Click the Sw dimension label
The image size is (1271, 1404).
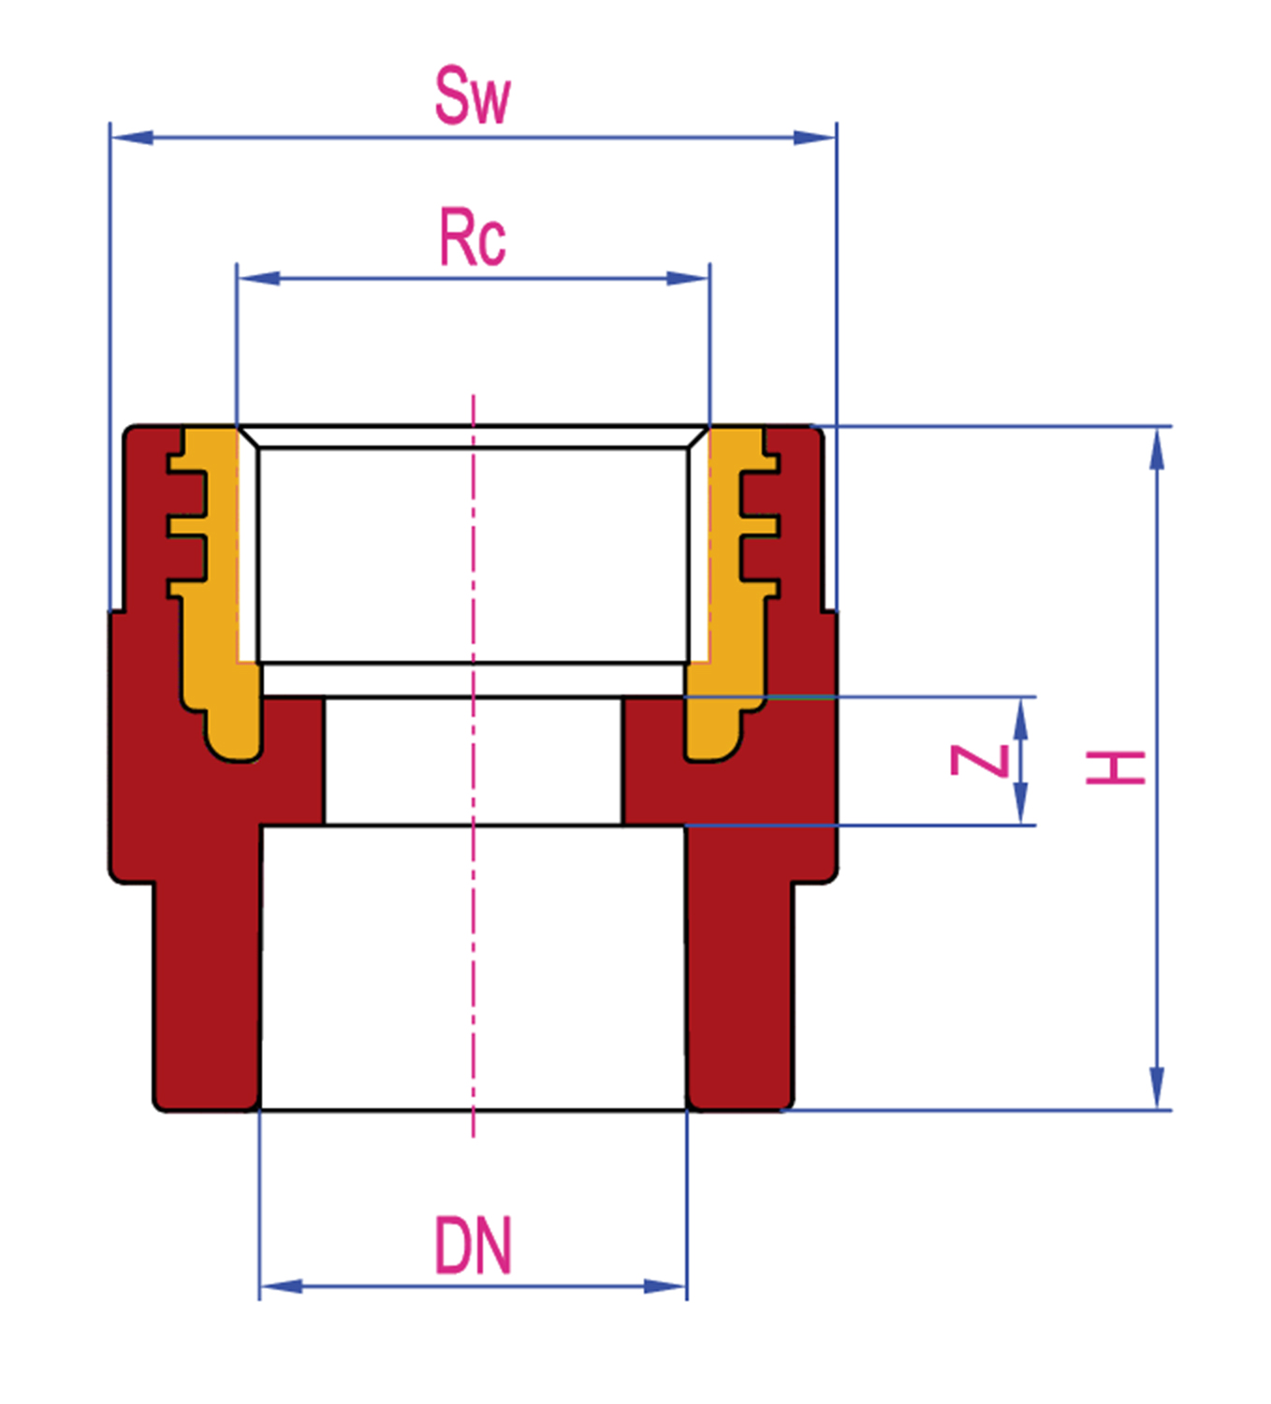click(x=474, y=95)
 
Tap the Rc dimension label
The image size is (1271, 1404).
click(x=473, y=237)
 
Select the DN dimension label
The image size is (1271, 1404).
click(x=474, y=1245)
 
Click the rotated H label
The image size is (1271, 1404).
click(x=1116, y=768)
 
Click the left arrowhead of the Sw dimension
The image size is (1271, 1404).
click(x=132, y=138)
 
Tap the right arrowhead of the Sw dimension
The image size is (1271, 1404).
click(x=814, y=138)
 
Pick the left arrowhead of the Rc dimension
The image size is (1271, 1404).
click(x=259, y=279)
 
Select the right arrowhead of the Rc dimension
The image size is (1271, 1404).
click(x=687, y=279)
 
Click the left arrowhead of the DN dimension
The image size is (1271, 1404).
click(x=282, y=1286)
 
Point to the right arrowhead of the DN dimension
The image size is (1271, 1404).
click(x=665, y=1286)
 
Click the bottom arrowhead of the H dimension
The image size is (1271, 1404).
click(x=1158, y=1088)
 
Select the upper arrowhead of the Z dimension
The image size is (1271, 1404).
click(x=1021, y=719)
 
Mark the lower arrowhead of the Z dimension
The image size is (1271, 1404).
click(x=1021, y=803)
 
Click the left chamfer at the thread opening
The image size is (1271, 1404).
click(x=248, y=437)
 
